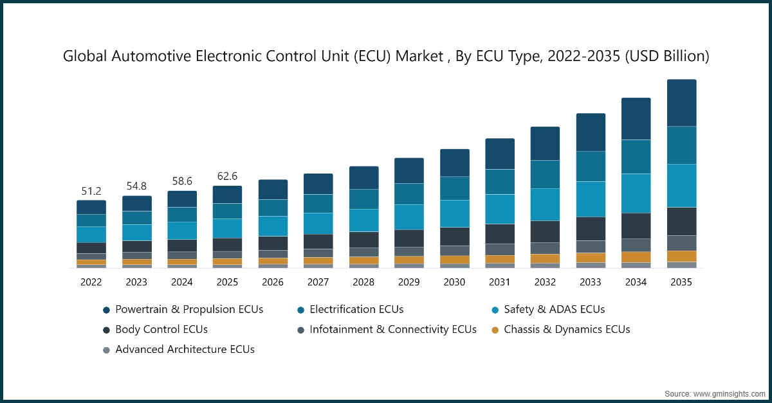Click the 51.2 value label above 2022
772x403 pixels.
click(91, 192)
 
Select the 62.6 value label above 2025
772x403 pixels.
click(228, 177)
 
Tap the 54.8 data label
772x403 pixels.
click(136, 187)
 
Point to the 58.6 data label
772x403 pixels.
click(182, 182)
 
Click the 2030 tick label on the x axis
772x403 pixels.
click(454, 282)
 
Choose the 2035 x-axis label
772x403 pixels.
click(681, 282)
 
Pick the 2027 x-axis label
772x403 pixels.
click(318, 282)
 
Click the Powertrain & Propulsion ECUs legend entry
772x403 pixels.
click(189, 309)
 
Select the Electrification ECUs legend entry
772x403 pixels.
click(356, 309)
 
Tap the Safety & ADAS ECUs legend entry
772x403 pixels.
click(554, 309)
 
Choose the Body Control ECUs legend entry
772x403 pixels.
click(161, 329)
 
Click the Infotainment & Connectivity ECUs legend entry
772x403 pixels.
click(392, 329)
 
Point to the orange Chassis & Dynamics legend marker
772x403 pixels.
click(494, 330)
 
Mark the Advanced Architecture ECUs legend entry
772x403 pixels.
click(185, 350)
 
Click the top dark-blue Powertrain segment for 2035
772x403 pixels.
click(681, 103)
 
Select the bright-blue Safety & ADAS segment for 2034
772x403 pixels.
click(636, 193)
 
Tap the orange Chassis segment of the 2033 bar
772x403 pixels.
click(591, 257)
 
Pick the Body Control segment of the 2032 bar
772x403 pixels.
click(545, 231)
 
